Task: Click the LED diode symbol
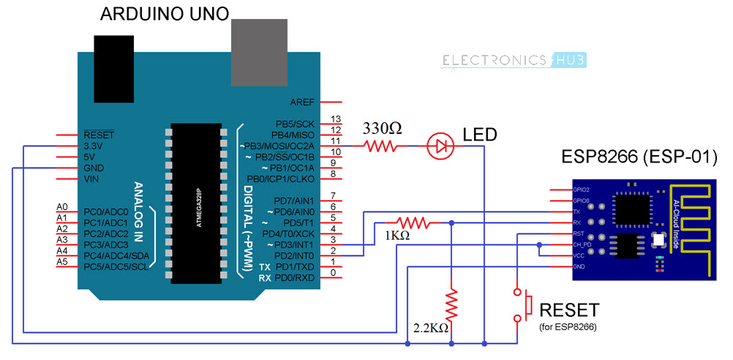[x=440, y=146]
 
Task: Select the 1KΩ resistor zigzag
[x=412, y=222]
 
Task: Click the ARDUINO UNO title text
[x=164, y=14]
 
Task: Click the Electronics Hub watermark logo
[x=516, y=60]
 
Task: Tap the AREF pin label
[x=302, y=102]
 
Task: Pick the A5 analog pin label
[x=62, y=261]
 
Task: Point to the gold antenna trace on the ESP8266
[x=695, y=220]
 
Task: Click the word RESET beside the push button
[x=568, y=310]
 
